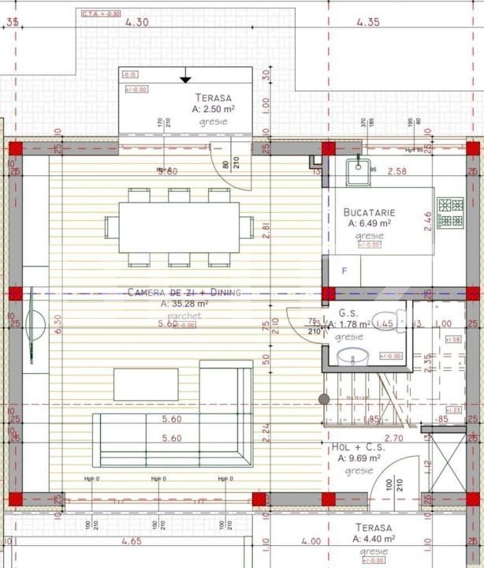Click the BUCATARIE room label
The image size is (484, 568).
[369, 212]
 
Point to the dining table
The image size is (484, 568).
[179, 228]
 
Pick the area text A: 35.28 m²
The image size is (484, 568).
[184, 303]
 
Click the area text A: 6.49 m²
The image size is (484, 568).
[369, 224]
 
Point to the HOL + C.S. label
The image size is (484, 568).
[358, 447]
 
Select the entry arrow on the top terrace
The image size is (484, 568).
[185, 77]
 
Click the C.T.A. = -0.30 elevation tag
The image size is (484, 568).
[101, 13]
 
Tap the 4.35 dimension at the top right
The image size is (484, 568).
[368, 22]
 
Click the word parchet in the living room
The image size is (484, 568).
[184, 316]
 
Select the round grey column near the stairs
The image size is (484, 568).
[322, 399]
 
